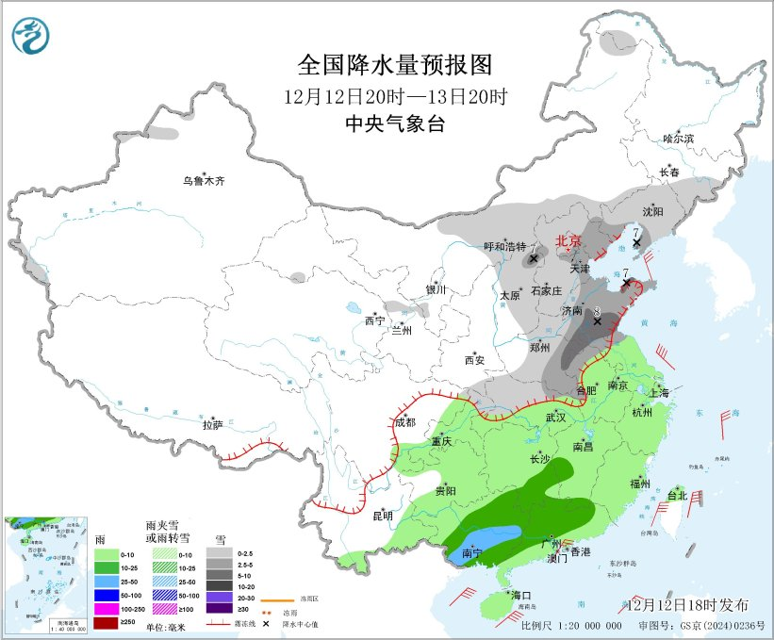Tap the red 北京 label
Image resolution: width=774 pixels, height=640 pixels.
tap(569, 241)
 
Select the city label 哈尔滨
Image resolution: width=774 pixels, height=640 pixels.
tap(677, 139)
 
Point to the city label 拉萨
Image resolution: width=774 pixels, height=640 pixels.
tap(212, 425)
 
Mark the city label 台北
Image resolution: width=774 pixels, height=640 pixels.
tap(677, 495)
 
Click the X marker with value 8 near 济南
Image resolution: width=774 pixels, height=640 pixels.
tap(597, 320)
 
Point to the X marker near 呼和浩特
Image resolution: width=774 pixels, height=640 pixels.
tap(534, 257)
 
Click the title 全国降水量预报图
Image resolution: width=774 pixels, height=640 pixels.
tap(395, 65)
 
